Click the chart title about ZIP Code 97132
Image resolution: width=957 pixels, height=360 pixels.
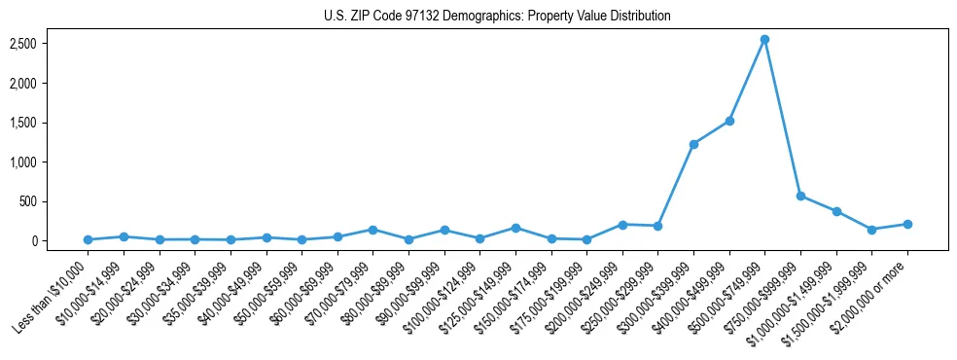coord(497,17)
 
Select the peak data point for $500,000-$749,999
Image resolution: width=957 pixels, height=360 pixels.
coord(765,40)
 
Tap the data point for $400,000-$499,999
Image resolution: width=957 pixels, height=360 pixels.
coord(729,121)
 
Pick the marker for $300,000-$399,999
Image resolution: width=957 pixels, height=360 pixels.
coord(693,144)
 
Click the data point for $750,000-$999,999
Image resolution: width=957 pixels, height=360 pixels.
coord(800,196)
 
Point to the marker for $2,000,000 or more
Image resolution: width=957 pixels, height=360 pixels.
coord(907,224)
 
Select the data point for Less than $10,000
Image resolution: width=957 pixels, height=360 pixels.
coord(88,239)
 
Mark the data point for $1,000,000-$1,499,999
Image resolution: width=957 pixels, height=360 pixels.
coord(836,211)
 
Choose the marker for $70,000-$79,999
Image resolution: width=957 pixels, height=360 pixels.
coord(372,230)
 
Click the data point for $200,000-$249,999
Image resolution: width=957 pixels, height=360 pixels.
coord(622,225)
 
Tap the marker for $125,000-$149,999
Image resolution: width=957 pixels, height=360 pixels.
coord(515,228)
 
